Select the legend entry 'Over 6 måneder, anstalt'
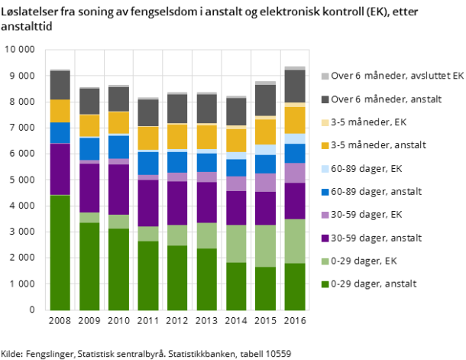point(380,99)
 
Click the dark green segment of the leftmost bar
point(60,252)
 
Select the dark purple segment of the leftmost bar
point(60,169)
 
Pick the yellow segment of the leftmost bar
point(60,111)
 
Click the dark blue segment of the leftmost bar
point(60,132)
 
